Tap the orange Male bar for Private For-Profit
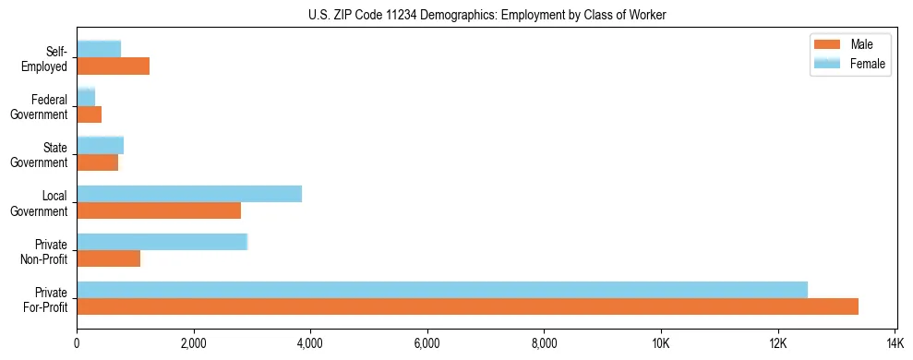coord(467,306)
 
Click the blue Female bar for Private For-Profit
coord(442,290)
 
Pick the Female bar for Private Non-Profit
coord(162,242)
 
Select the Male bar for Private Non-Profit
coord(109,258)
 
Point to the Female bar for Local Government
coord(189,194)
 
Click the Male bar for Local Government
coord(159,210)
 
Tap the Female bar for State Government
coord(101,145)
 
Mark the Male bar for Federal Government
coord(90,114)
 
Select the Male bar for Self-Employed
coord(113,66)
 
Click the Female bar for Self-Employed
coord(99,49)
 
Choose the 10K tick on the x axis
coord(661,343)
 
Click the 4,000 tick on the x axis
coord(310,343)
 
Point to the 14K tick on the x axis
coord(895,343)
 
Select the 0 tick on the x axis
coord(77,343)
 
